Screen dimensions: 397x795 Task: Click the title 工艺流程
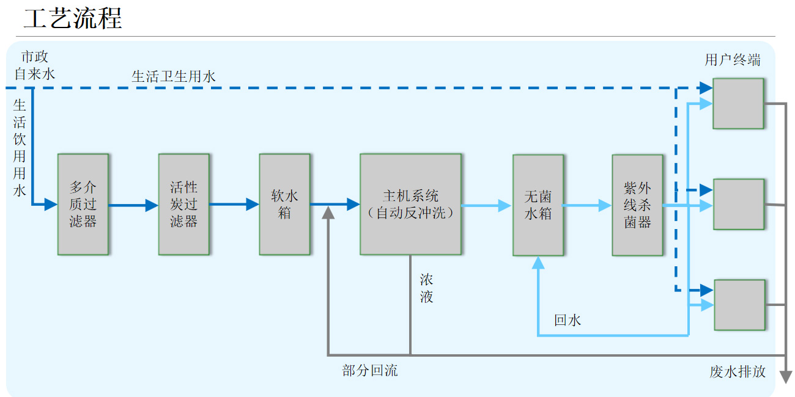73,18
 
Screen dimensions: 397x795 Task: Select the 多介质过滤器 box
83,204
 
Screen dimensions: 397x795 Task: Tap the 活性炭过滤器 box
183,204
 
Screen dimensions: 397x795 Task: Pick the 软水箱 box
284,204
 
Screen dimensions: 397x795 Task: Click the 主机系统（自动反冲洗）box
410,204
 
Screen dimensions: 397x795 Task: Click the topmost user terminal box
738,103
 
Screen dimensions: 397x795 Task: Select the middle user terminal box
739,204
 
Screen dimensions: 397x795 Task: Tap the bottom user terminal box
739,304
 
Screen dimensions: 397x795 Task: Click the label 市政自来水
35,65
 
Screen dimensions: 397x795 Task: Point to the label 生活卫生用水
174,76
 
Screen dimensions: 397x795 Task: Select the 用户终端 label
733,60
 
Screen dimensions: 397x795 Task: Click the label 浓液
426,288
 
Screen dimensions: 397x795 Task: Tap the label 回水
568,320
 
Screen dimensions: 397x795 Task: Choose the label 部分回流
370,370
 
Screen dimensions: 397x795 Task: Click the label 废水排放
738,371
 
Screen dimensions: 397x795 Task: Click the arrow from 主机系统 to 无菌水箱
486,205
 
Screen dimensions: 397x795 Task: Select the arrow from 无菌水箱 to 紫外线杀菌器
587,205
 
